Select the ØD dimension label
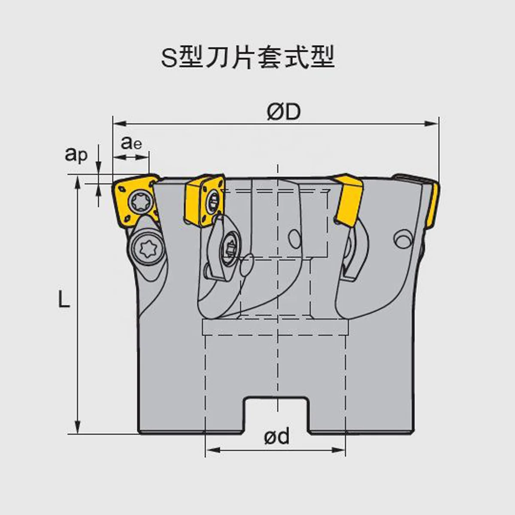tap(284, 112)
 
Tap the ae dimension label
tap(131, 142)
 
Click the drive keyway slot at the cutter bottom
tap(276, 415)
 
